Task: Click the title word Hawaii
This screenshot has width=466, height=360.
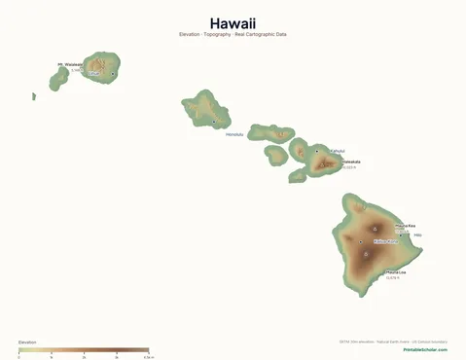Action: pyautogui.click(x=233, y=23)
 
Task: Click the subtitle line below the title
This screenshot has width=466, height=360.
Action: pyautogui.click(x=233, y=35)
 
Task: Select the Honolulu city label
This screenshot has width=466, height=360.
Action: pyautogui.click(x=234, y=134)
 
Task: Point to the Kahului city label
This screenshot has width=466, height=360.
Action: pyautogui.click(x=337, y=151)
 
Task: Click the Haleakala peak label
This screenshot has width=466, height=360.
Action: pyautogui.click(x=350, y=162)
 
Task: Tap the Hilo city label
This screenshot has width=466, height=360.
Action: pyautogui.click(x=418, y=234)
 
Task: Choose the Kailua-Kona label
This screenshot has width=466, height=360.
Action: pyautogui.click(x=384, y=241)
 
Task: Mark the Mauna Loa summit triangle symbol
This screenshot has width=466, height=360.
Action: pyautogui.click(x=367, y=255)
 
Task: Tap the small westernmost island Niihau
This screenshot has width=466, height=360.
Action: pyautogui.click(x=34, y=96)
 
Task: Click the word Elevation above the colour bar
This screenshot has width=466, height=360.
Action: pyautogui.click(x=28, y=342)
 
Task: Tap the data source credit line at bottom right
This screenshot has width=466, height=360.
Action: pyautogui.click(x=393, y=342)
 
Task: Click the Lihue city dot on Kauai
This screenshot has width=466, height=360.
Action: pyautogui.click(x=114, y=74)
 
